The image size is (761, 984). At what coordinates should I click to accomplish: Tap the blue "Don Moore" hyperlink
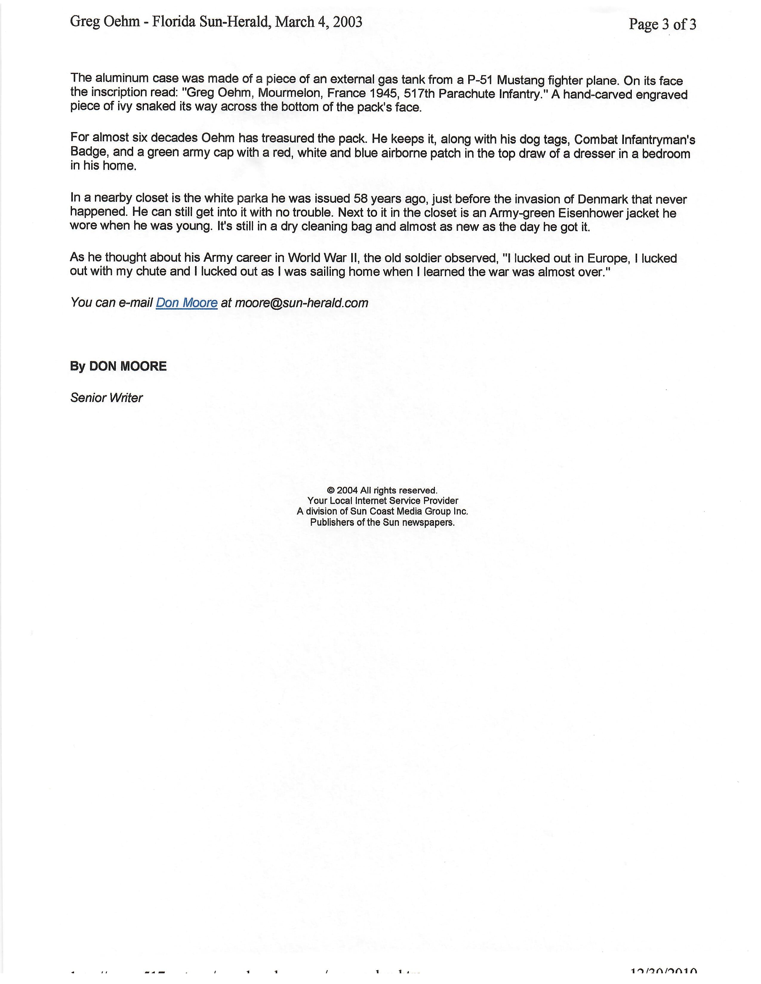point(187,303)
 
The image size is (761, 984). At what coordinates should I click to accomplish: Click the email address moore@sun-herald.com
point(302,303)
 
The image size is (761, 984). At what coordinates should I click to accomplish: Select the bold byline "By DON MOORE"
point(118,366)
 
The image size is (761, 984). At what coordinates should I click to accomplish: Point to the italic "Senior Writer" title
point(107,398)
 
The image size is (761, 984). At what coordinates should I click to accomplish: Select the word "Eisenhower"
point(578,213)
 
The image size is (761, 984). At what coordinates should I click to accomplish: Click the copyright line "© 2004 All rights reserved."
point(382,490)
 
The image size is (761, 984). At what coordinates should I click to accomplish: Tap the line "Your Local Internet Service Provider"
point(383,501)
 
